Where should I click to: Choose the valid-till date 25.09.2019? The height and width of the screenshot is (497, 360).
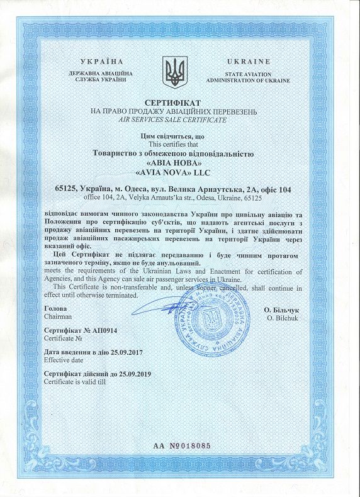[134, 373]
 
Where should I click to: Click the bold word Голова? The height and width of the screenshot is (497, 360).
[55, 310]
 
